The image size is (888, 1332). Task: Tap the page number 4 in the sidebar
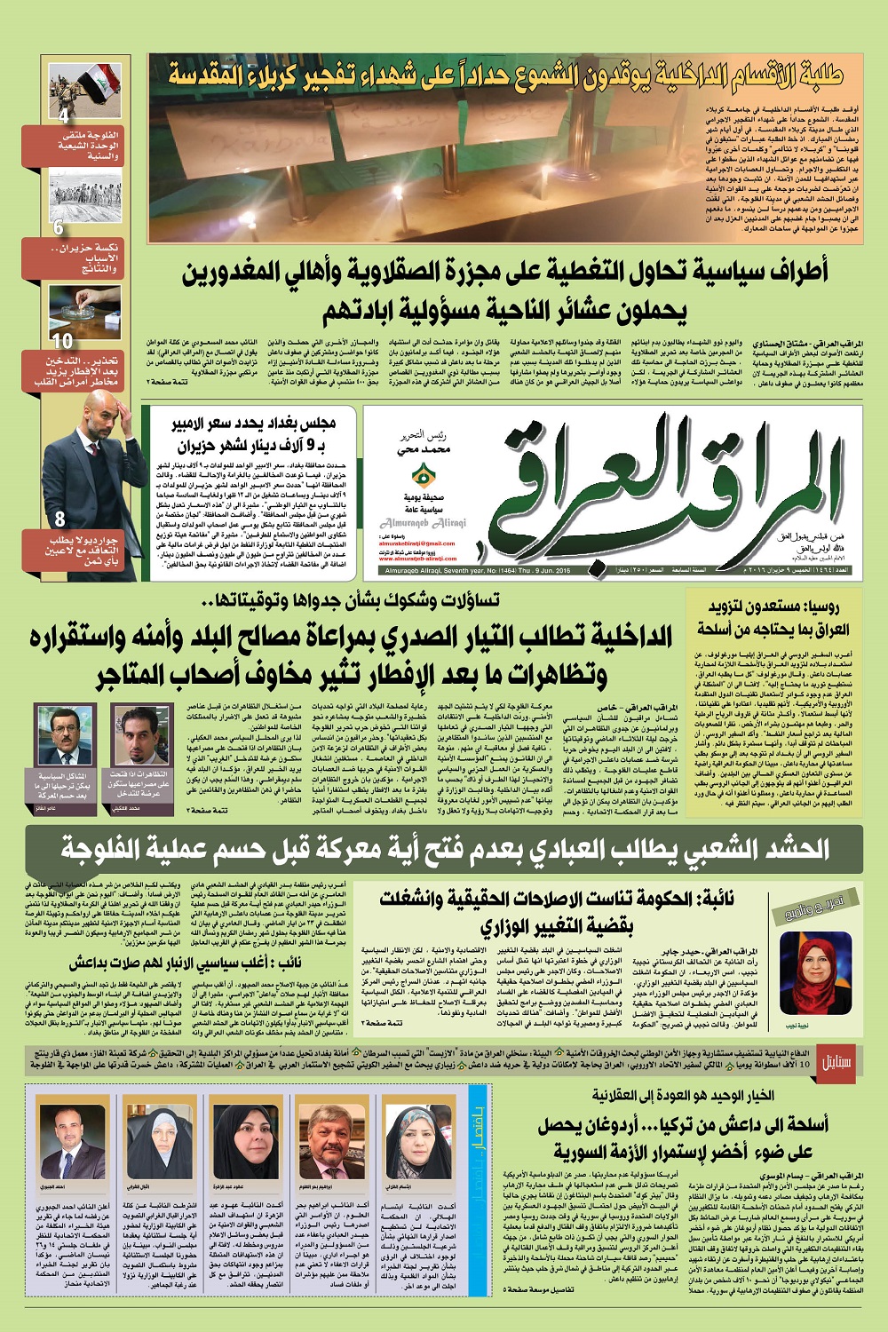pos(63,115)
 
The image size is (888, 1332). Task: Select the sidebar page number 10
pos(61,341)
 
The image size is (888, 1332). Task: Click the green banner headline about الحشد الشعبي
pos(444,849)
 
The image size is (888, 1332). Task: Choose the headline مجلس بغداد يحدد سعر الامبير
pos(253,434)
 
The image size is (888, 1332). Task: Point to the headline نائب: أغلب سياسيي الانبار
pos(186,963)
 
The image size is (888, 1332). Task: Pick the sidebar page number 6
pos(59,227)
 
